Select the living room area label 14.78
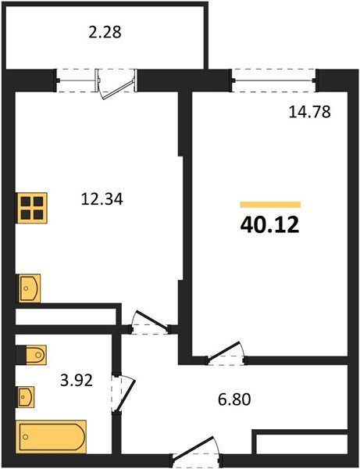[x=309, y=111]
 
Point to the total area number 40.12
[x=269, y=226]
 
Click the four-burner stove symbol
[x=31, y=208]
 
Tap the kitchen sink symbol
[x=29, y=288]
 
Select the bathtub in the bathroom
[x=52, y=435]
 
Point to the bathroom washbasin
[x=27, y=396]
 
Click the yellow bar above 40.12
[x=269, y=204]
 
